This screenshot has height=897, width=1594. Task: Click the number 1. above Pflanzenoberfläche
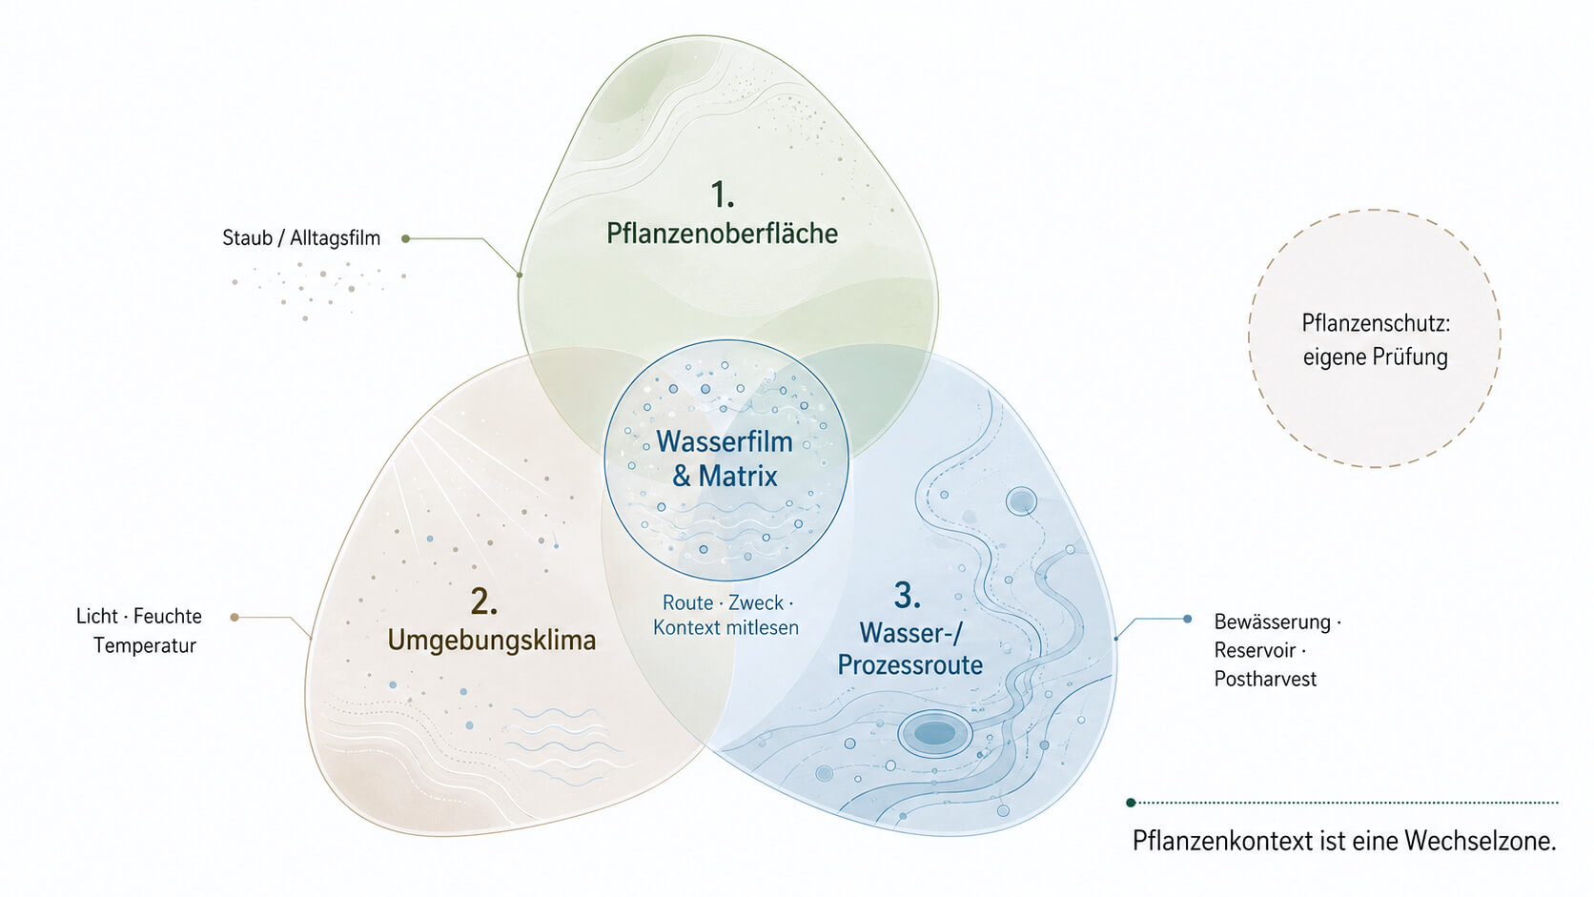pyautogui.click(x=723, y=194)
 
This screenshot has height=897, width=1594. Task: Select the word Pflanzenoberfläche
pyautogui.click(x=723, y=234)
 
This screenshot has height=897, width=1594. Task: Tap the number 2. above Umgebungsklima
pyautogui.click(x=484, y=601)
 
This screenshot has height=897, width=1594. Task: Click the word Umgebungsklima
pyautogui.click(x=492, y=641)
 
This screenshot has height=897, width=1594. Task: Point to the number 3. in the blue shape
pyautogui.click(x=908, y=596)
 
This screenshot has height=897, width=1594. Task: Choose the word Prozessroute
pyautogui.click(x=910, y=664)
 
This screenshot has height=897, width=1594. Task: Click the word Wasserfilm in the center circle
pyautogui.click(x=725, y=441)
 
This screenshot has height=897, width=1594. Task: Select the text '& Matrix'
pyautogui.click(x=725, y=476)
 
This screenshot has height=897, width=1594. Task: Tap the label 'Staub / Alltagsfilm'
pyautogui.click(x=301, y=237)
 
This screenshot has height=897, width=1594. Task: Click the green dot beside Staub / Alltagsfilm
pyautogui.click(x=405, y=239)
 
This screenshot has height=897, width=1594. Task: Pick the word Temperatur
pyautogui.click(x=145, y=645)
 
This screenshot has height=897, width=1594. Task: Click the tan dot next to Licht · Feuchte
pyautogui.click(x=235, y=617)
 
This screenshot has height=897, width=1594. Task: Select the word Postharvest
pyautogui.click(x=1265, y=679)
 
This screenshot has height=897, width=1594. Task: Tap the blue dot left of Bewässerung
pyautogui.click(x=1187, y=619)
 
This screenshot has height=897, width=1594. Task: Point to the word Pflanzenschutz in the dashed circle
pyautogui.click(x=1372, y=323)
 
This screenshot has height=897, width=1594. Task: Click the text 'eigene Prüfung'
pyautogui.click(x=1376, y=357)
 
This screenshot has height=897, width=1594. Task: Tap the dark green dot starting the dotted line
pyautogui.click(x=1131, y=803)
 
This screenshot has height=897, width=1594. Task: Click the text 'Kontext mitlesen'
pyautogui.click(x=725, y=627)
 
